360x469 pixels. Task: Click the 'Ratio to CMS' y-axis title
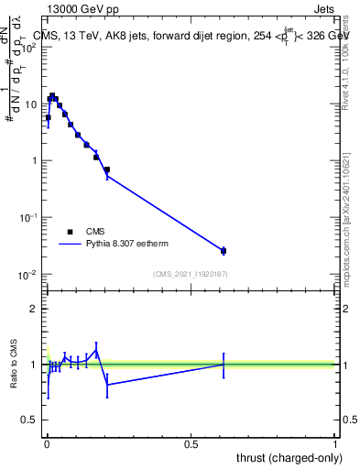[x=16, y=364]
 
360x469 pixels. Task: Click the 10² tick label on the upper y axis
[x=28, y=48]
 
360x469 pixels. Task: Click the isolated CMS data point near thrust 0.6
[x=224, y=250]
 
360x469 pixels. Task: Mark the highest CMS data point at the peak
[x=52, y=95]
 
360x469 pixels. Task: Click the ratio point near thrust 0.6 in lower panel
[x=224, y=365]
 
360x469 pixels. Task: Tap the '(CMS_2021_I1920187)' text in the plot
[x=191, y=274]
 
